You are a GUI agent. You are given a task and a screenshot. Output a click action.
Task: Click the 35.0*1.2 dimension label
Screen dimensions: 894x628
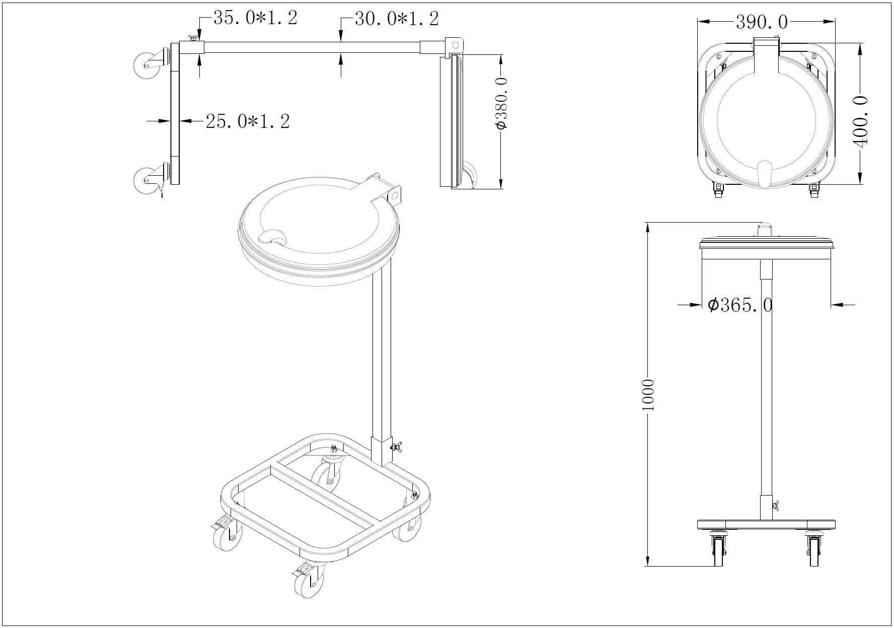255,18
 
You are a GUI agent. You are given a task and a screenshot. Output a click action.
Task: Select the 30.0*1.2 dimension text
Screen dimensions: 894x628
397,19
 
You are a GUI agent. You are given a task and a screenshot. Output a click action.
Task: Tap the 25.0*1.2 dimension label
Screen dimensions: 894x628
248,121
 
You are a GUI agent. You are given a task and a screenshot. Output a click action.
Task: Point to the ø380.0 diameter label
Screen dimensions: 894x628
501,103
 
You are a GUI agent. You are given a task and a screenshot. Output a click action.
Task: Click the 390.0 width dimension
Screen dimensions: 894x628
762,22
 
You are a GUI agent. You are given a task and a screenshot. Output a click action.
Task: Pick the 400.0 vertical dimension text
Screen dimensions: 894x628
860,121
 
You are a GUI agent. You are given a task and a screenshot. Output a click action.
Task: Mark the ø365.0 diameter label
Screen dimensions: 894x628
740,305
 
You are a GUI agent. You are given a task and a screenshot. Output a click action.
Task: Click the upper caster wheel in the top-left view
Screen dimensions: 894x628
146,64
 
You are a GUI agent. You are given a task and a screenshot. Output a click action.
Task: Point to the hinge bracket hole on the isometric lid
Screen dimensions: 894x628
394,195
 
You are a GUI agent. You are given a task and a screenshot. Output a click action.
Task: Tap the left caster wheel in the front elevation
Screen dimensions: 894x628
718,550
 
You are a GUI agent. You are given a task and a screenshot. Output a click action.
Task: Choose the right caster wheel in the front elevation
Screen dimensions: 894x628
814,550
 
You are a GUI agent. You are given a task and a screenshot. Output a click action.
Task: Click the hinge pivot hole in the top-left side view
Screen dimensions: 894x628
456,45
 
